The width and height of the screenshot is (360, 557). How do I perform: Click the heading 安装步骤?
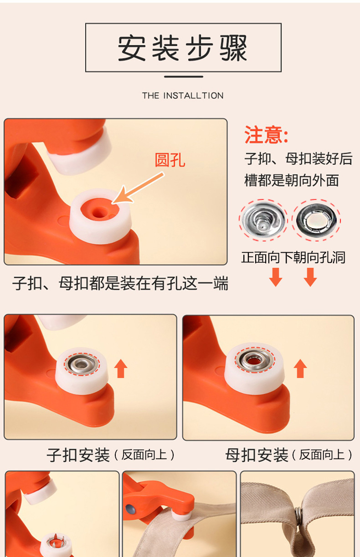(x=183, y=48)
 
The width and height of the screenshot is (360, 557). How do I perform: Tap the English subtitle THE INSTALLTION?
(x=183, y=96)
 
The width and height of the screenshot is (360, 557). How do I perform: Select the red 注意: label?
(x=267, y=134)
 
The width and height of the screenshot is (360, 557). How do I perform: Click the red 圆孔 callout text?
(x=170, y=160)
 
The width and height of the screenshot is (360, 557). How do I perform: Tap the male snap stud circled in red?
(x=263, y=220)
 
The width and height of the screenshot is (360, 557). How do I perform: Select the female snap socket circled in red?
(x=316, y=220)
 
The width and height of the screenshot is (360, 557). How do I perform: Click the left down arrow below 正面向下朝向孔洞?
(x=276, y=277)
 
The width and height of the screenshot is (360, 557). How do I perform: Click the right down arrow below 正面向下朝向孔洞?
(x=310, y=277)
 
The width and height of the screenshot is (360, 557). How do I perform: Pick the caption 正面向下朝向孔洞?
(x=293, y=257)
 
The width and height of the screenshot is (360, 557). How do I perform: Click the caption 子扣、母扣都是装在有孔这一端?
(x=120, y=283)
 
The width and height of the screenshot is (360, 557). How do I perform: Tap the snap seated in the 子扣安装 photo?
(x=82, y=364)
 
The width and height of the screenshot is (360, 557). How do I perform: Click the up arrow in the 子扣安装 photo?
(x=121, y=368)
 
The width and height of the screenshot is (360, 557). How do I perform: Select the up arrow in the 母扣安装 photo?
(x=300, y=368)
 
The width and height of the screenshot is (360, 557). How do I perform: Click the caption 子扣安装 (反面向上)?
(x=111, y=455)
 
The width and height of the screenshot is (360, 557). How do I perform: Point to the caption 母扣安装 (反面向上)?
(x=289, y=455)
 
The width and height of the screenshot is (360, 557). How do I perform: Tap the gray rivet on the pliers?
(x=131, y=510)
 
